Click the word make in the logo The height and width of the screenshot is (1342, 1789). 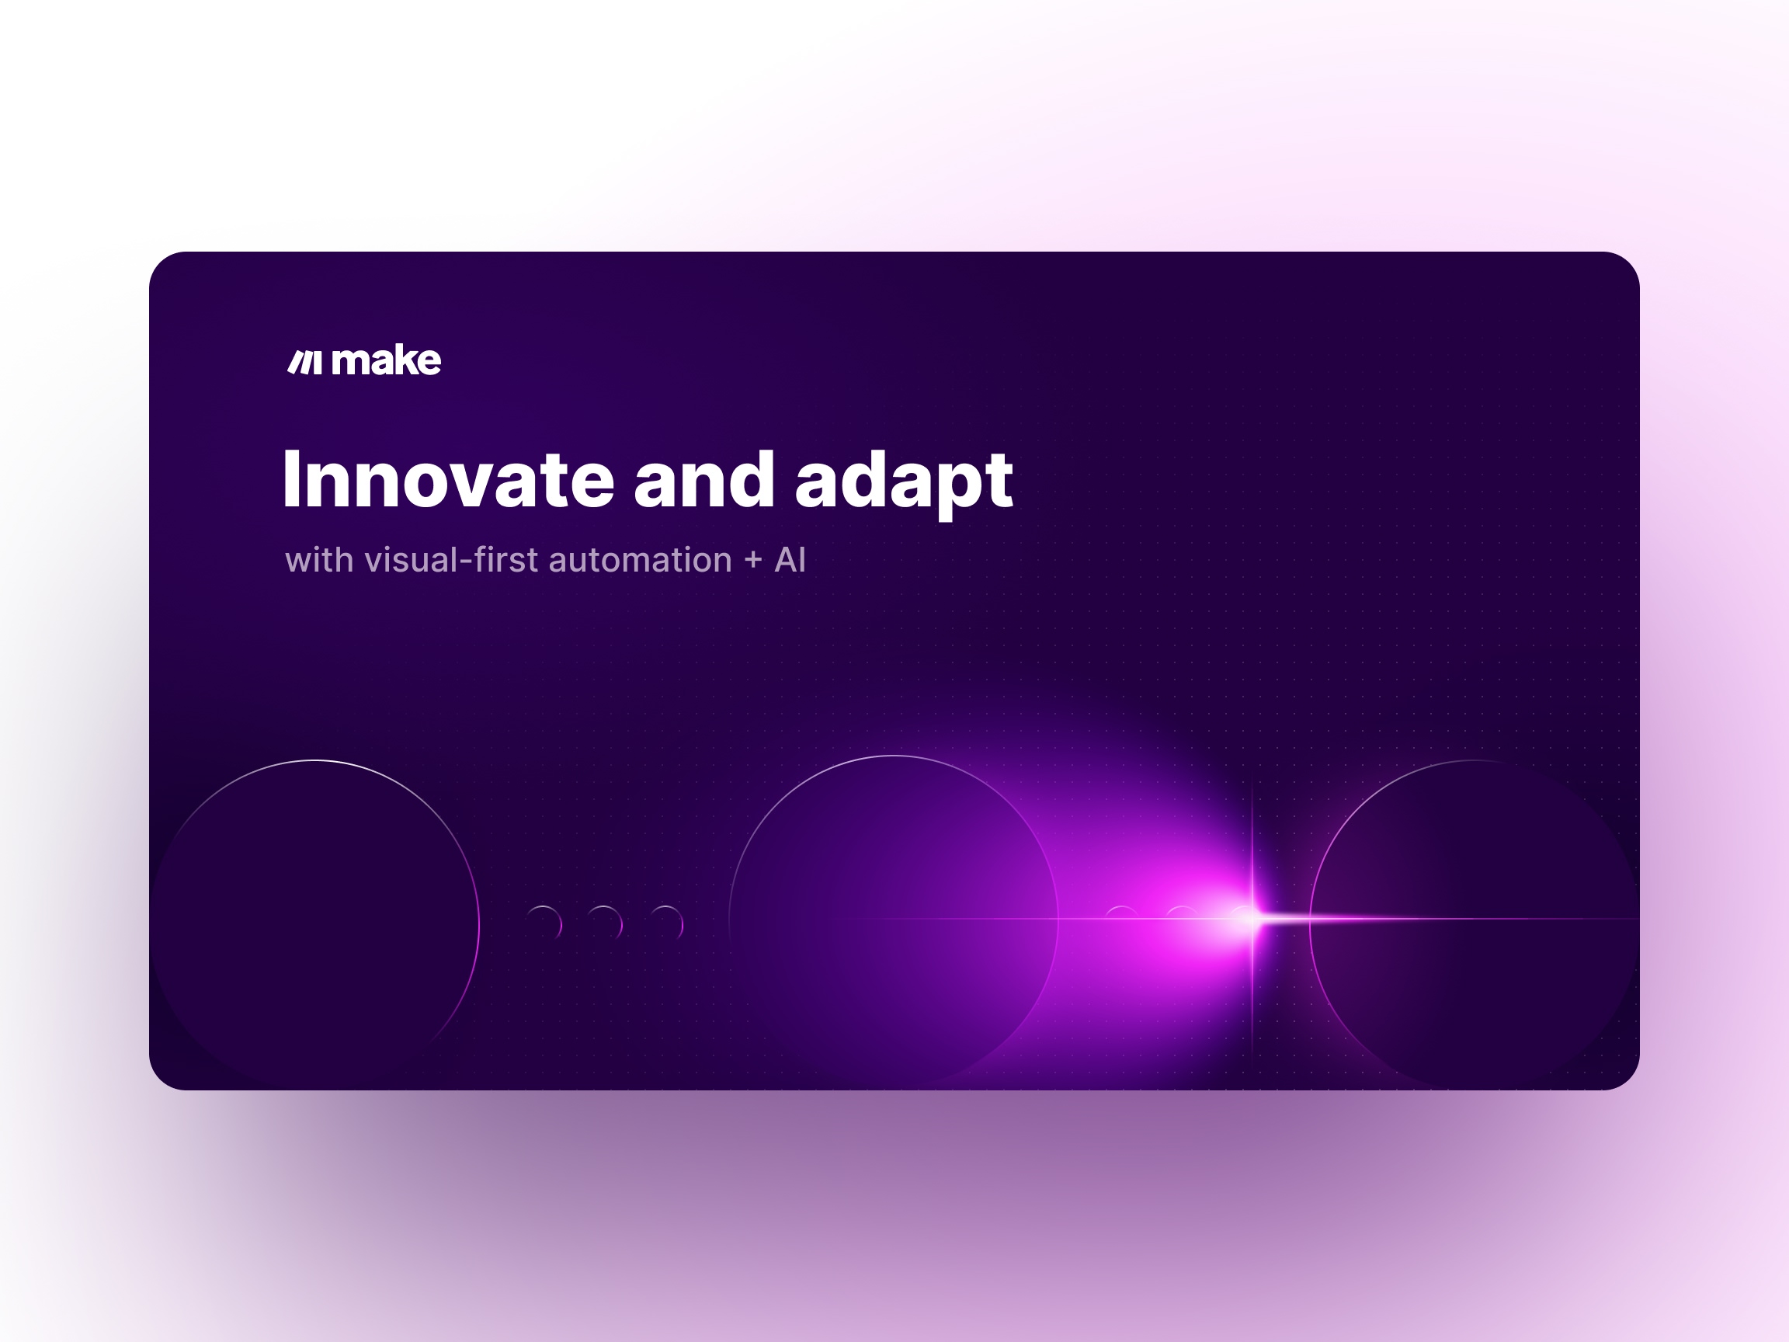point(387,360)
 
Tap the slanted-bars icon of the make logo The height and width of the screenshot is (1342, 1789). point(305,363)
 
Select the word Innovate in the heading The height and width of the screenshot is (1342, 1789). point(449,480)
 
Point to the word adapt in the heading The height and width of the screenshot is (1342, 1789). point(904,484)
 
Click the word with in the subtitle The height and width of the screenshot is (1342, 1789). point(318,560)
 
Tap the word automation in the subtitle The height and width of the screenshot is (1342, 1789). point(641,560)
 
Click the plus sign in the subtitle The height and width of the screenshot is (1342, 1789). point(754,560)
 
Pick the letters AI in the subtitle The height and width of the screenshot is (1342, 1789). point(790,560)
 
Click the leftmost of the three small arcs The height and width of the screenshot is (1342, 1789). point(559,922)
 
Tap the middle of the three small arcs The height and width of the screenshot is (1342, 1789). point(620,922)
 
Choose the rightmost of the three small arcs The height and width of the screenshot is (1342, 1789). point(681,922)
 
